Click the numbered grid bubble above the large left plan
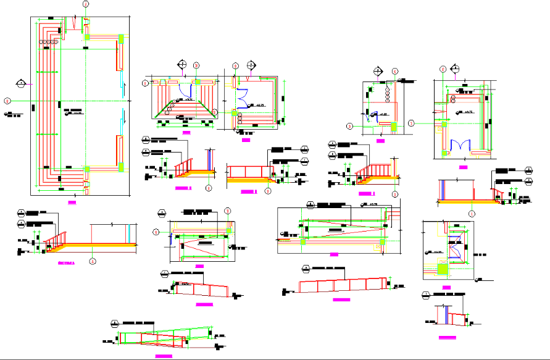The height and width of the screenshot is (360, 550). pyautogui.click(x=85, y=4)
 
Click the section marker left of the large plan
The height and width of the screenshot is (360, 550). pyautogui.click(x=22, y=83)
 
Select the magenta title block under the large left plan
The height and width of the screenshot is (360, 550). pyautogui.click(x=72, y=201)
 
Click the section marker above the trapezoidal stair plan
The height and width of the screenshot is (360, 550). pyautogui.click(x=182, y=64)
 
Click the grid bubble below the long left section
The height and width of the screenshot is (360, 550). pyautogui.click(x=92, y=261)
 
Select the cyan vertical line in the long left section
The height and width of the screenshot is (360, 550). pyautogui.click(x=128, y=234)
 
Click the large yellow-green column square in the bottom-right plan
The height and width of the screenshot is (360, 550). pyautogui.click(x=443, y=268)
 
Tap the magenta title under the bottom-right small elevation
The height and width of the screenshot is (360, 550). pyautogui.click(x=448, y=337)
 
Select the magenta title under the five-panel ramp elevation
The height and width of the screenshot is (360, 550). pyautogui.click(x=341, y=299)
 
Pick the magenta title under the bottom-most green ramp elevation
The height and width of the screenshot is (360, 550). pyautogui.click(x=164, y=356)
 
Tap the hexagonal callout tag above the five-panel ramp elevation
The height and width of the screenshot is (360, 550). pyautogui.click(x=306, y=268)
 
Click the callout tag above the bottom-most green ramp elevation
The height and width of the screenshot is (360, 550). pyautogui.click(x=114, y=324)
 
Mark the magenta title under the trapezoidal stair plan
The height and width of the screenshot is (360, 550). pyautogui.click(x=187, y=132)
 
